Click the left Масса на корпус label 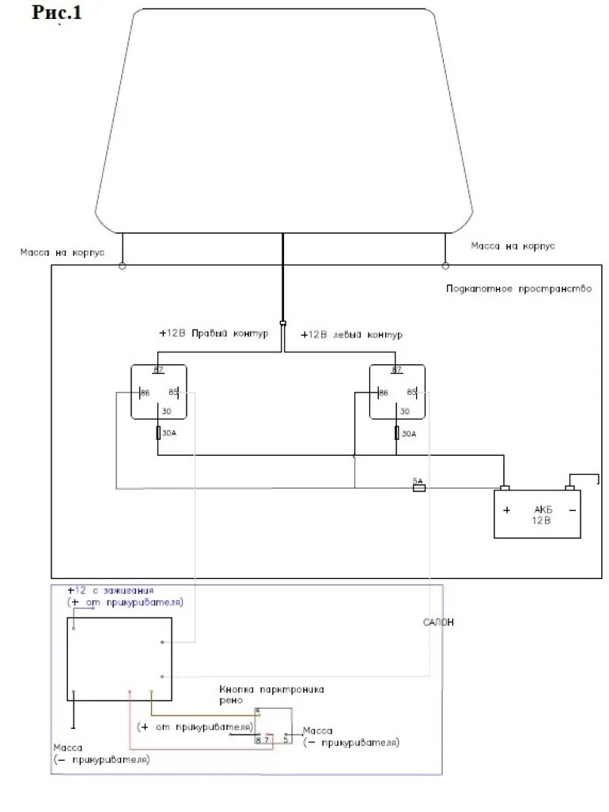(62, 254)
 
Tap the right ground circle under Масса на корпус (445, 265)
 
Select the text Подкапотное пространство (518, 289)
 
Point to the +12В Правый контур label (214, 333)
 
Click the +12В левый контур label (347, 334)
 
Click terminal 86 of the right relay (384, 393)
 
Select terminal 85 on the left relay (173, 393)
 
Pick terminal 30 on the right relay (405, 412)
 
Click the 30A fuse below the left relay (158, 433)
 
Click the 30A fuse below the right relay (397, 433)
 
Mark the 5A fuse (418, 487)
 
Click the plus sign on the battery (506, 509)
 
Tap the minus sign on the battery (571, 509)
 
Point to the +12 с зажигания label (110, 591)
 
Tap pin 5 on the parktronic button (286, 739)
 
